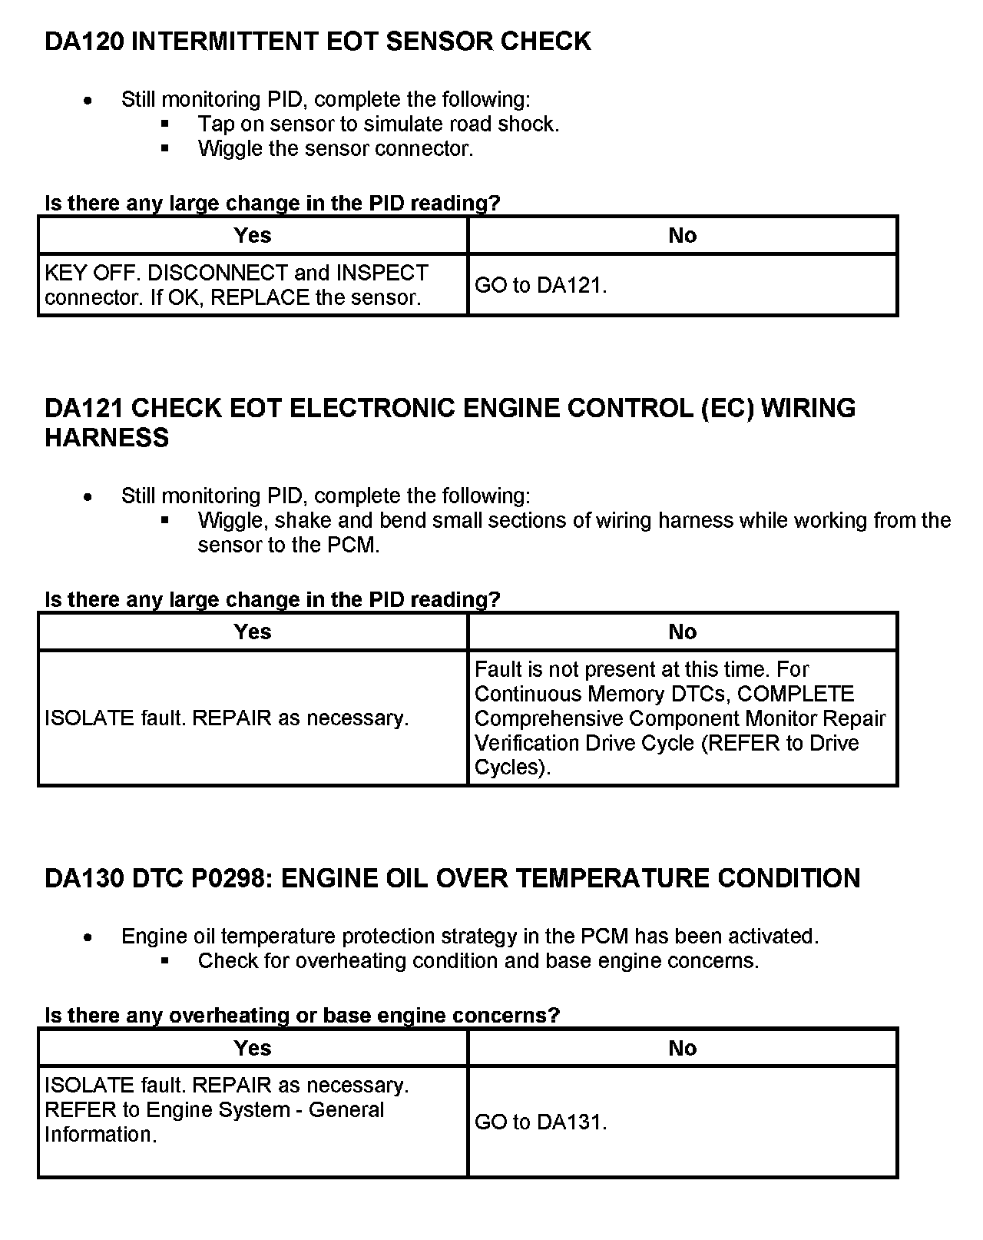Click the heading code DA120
coord(84,41)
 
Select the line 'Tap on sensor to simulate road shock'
coord(378,124)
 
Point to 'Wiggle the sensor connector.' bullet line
coord(335,148)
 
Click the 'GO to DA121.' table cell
coord(541,286)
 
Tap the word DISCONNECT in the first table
coord(218,274)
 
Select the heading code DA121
coord(84,408)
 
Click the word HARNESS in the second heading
coord(107,438)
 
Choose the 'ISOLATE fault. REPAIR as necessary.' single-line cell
coord(227,718)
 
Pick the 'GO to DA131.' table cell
coord(541,1122)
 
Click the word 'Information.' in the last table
coord(101,1135)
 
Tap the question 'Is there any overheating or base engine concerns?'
coord(302,1015)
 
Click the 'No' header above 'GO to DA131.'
coord(682,1048)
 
